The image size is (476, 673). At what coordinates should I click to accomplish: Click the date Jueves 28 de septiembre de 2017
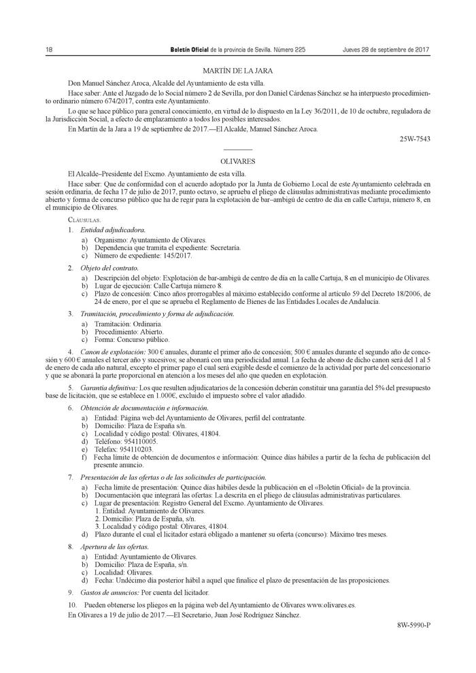tap(386, 50)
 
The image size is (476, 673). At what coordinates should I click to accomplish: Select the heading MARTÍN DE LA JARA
tap(237, 71)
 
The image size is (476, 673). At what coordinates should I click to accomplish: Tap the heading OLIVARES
tap(237, 161)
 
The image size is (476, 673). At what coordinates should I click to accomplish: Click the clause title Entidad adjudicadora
tap(113, 230)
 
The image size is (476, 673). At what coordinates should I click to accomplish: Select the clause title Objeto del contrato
tap(109, 268)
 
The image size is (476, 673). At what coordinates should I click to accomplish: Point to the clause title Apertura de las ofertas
tap(114, 547)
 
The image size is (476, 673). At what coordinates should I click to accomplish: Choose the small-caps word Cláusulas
tap(84, 220)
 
